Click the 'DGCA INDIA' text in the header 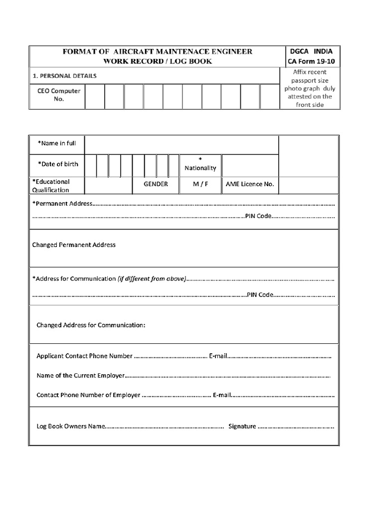(310, 51)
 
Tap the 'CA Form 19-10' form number (310, 62)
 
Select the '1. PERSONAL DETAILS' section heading (64, 76)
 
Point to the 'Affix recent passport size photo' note (310, 88)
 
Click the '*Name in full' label (57, 143)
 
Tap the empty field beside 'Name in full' (181, 144)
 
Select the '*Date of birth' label (58, 164)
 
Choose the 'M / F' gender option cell (200, 184)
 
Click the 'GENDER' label (156, 184)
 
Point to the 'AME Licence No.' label (250, 184)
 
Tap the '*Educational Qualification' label (51, 186)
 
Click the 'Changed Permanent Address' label (74, 245)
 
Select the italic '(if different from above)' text (152, 278)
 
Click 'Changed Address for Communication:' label (91, 325)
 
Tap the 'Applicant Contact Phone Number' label (85, 356)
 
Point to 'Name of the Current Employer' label (80, 375)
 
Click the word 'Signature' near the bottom (242, 426)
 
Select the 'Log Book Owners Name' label (71, 427)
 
